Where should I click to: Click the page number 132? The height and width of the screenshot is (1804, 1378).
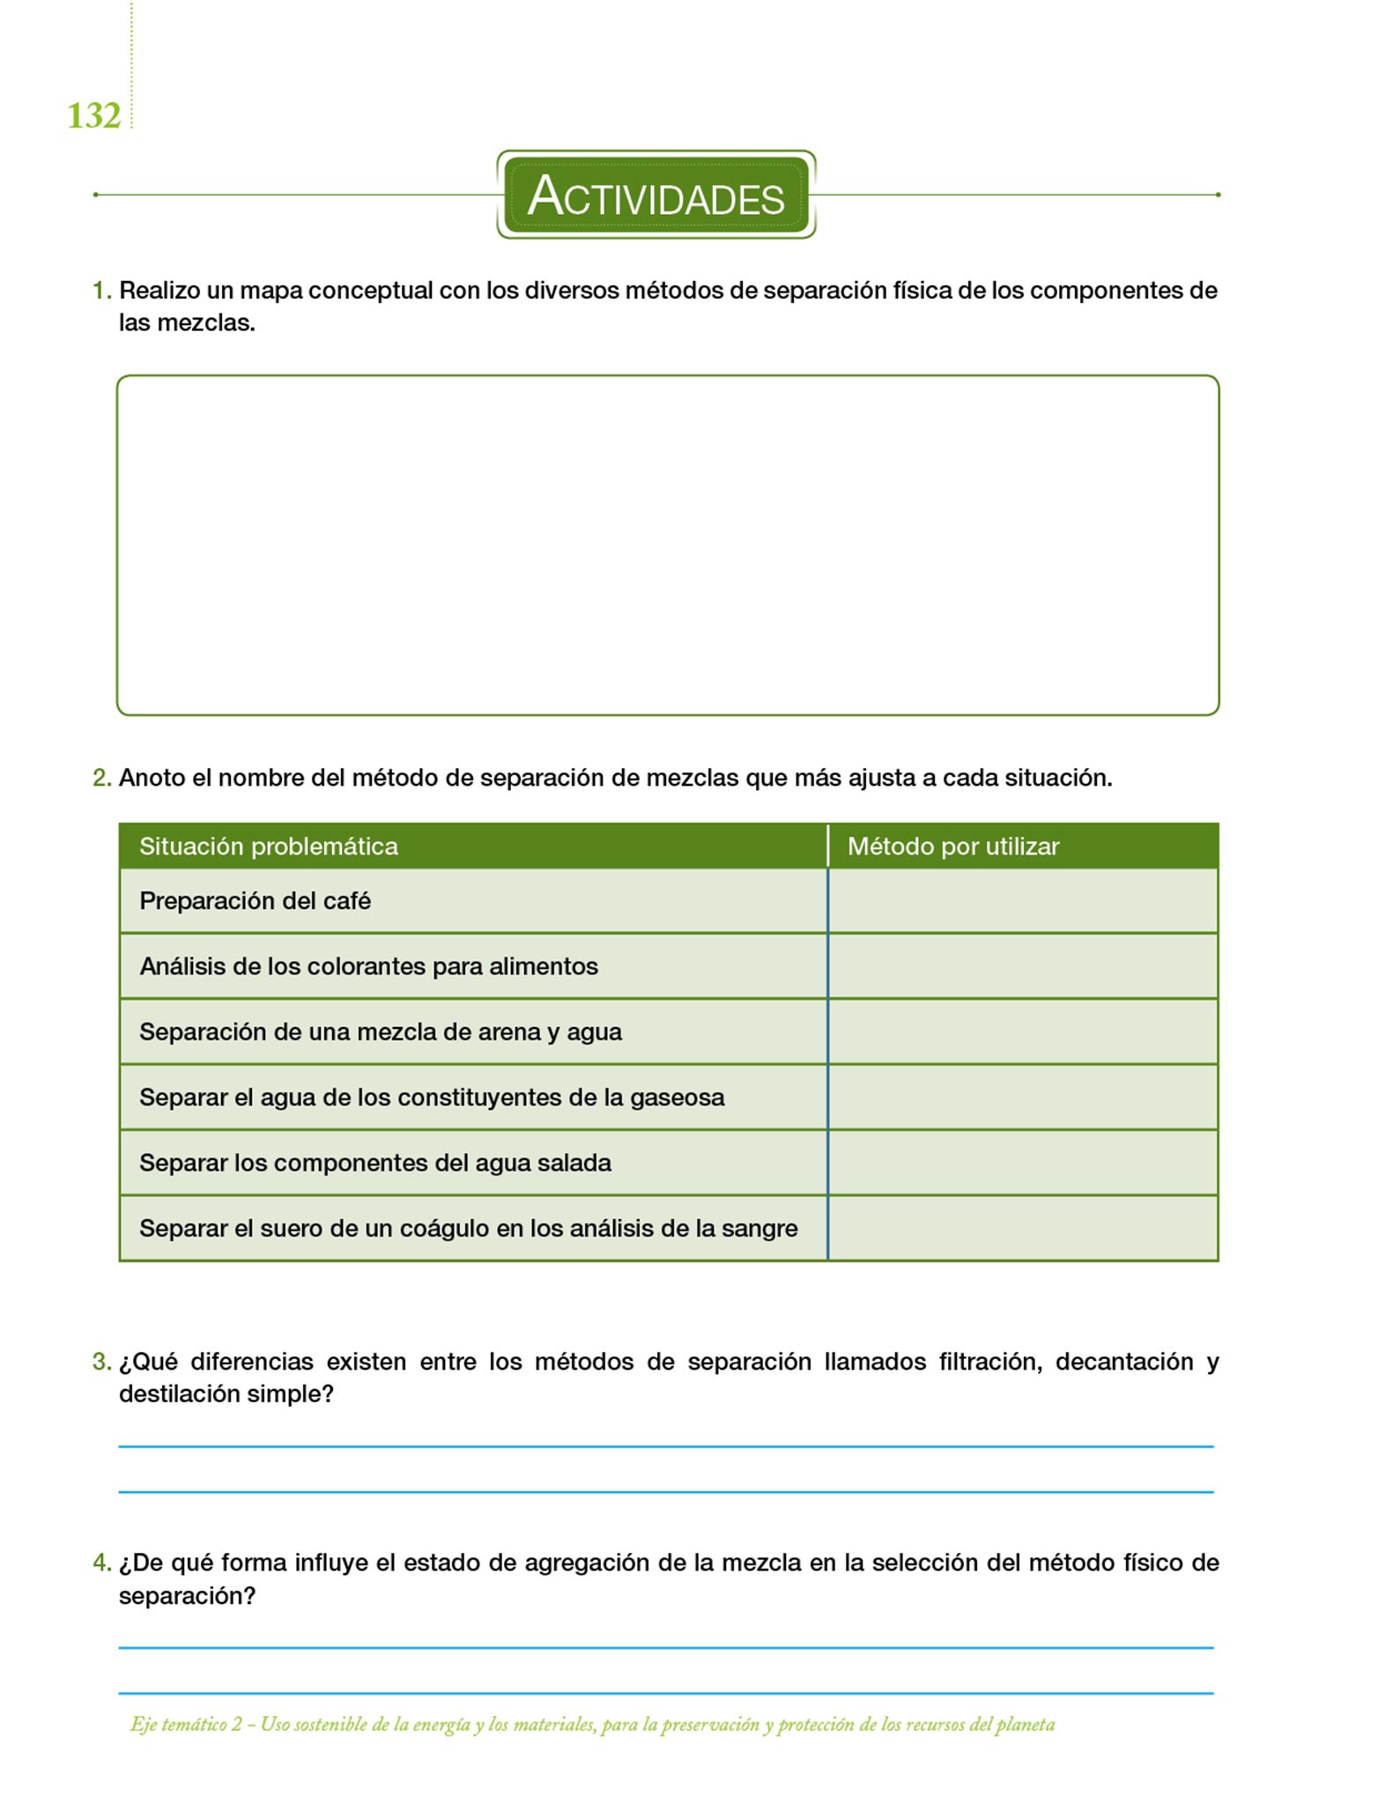(93, 116)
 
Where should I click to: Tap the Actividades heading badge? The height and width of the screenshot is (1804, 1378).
(656, 195)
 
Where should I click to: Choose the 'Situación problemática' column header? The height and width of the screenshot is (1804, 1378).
(269, 847)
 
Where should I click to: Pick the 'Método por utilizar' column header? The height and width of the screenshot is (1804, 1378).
(952, 847)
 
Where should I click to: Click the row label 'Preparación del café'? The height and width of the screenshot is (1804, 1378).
(255, 901)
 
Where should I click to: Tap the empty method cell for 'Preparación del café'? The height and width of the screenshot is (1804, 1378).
(1022, 901)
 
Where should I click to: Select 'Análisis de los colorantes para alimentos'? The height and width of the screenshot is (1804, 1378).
(368, 966)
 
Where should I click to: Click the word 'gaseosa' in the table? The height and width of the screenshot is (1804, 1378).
(677, 1098)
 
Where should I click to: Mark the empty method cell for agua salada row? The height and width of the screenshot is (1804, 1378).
(1022, 1163)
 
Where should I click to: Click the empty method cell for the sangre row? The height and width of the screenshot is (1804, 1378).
(1022, 1229)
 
